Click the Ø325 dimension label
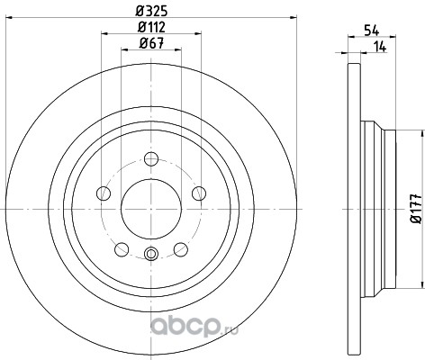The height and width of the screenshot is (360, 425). pos(151,11)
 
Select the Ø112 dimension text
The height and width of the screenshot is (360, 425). pos(151,27)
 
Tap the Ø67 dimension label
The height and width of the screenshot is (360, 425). pos(151,43)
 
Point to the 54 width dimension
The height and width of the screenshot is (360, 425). pos(372,31)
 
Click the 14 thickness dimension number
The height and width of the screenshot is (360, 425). pos(380,47)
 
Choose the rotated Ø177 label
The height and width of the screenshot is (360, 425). pos(416,209)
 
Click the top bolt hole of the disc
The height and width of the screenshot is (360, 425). pos(151,158)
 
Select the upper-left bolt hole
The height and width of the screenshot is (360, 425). pos(104,193)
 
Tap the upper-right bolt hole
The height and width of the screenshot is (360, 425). pos(199,193)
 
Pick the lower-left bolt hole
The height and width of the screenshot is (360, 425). pos(122,249)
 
